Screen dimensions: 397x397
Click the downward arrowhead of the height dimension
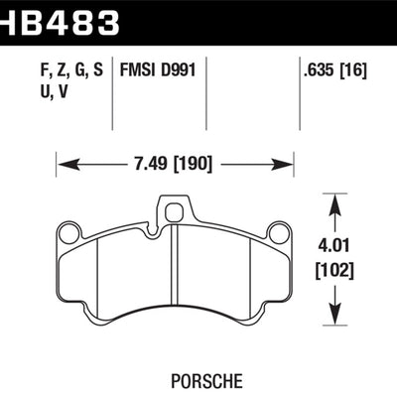coord(339,316)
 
